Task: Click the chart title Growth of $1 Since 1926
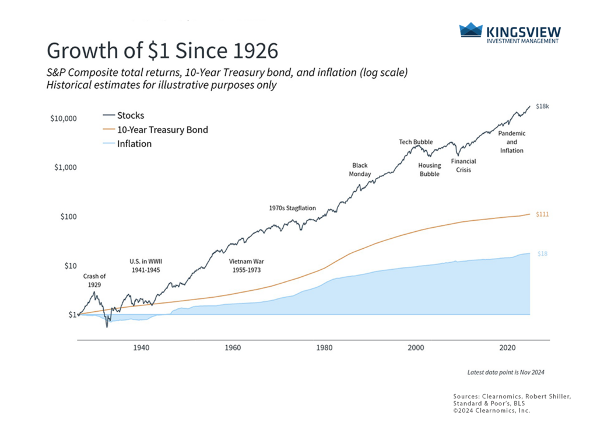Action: [162, 51]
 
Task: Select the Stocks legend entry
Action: [132, 115]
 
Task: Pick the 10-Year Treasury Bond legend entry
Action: [163, 130]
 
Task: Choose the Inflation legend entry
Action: [135, 144]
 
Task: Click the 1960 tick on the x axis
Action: [233, 347]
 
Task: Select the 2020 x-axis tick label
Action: [507, 347]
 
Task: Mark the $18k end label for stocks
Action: [543, 105]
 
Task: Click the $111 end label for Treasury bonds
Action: [542, 214]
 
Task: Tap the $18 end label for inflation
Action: [542, 254]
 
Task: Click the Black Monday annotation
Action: [360, 169]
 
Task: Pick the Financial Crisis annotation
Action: [464, 165]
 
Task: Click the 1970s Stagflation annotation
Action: [292, 207]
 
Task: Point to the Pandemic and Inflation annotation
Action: [511, 142]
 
